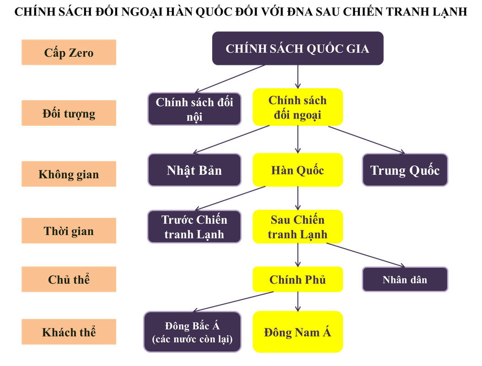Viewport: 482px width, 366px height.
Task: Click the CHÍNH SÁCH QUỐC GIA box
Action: point(297,48)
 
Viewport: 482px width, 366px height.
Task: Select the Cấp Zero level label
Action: point(69,53)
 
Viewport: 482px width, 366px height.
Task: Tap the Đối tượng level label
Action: point(69,113)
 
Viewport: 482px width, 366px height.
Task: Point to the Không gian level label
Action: point(69,174)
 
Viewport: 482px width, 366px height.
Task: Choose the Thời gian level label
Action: point(69,231)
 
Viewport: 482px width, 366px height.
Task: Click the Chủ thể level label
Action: point(69,280)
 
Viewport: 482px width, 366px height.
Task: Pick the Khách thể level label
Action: point(69,332)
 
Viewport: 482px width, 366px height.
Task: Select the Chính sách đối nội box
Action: point(194,109)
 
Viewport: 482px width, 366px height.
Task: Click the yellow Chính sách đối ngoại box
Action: point(298,107)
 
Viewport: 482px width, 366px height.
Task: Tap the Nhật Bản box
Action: point(194,170)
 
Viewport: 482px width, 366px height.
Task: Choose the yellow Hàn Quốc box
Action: point(298,170)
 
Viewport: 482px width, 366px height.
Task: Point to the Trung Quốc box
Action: point(405,170)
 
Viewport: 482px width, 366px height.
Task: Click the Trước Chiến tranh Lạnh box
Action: point(194,227)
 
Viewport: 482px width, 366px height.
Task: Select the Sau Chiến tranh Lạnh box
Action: point(298,227)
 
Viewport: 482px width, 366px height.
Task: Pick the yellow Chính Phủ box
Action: point(298,280)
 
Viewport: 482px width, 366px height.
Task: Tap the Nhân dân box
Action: point(405,280)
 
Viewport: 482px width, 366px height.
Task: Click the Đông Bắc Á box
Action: point(193,332)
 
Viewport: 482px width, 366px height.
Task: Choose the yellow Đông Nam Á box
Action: point(298,332)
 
